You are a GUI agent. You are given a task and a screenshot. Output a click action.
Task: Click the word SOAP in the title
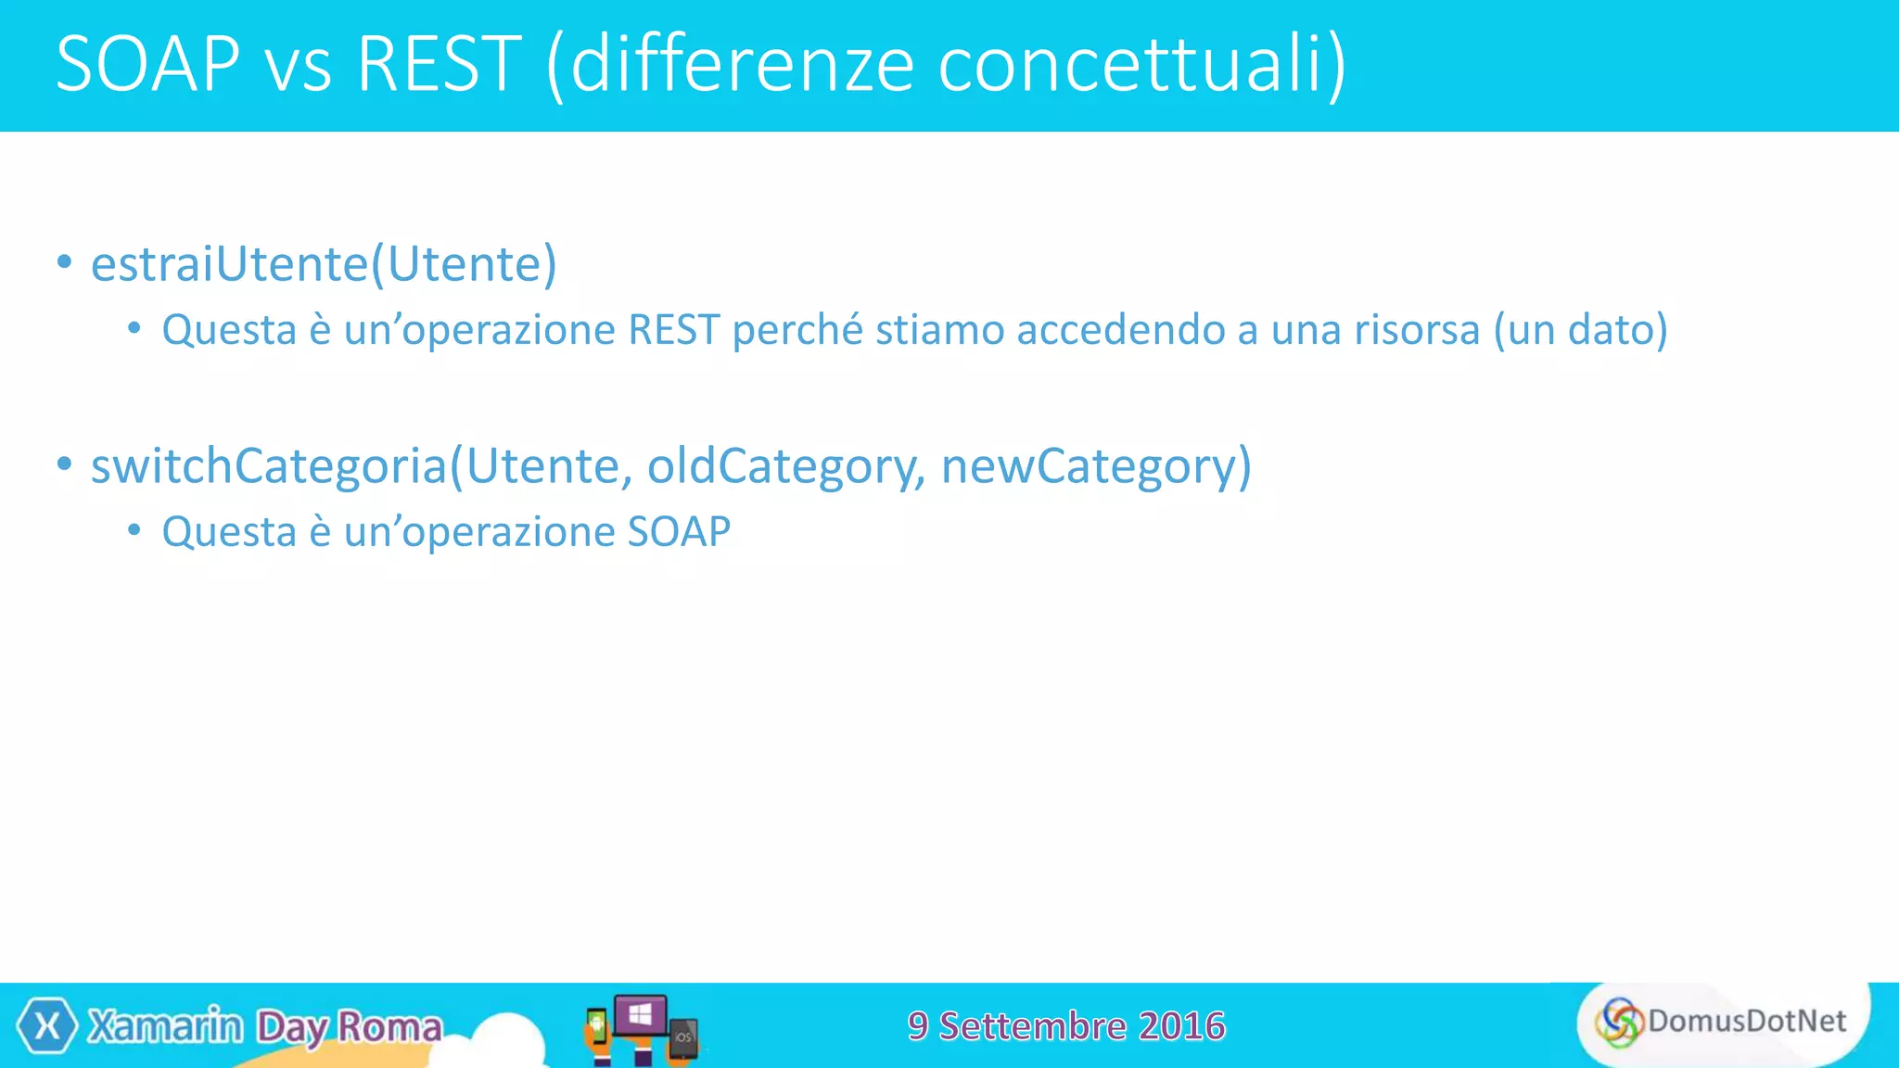coord(148,64)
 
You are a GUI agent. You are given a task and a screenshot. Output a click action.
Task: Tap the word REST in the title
coord(439,64)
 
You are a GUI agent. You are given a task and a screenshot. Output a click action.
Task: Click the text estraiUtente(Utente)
coord(324,264)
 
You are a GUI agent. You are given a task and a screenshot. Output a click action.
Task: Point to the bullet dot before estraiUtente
coord(64,262)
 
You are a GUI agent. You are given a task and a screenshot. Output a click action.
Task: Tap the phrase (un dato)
coord(1580,330)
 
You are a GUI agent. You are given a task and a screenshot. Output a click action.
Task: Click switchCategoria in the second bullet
coord(269,465)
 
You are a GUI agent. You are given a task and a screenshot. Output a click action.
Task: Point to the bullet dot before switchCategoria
coord(64,464)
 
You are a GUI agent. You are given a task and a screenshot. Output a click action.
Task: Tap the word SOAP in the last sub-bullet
coord(679,532)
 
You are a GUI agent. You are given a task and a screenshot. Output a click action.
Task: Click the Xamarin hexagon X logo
coord(46,1026)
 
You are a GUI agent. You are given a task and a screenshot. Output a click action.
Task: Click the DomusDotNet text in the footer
coord(1747,1021)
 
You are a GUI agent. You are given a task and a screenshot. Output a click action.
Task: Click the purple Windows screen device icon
coord(640,1015)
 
